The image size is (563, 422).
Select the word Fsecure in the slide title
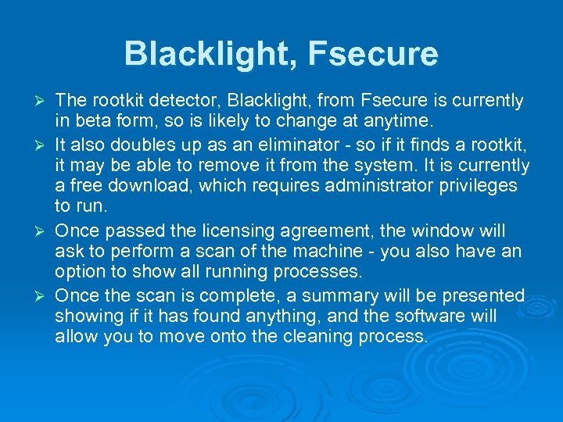373,54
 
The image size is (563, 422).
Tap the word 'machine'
287,252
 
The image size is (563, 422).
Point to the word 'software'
430,316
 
